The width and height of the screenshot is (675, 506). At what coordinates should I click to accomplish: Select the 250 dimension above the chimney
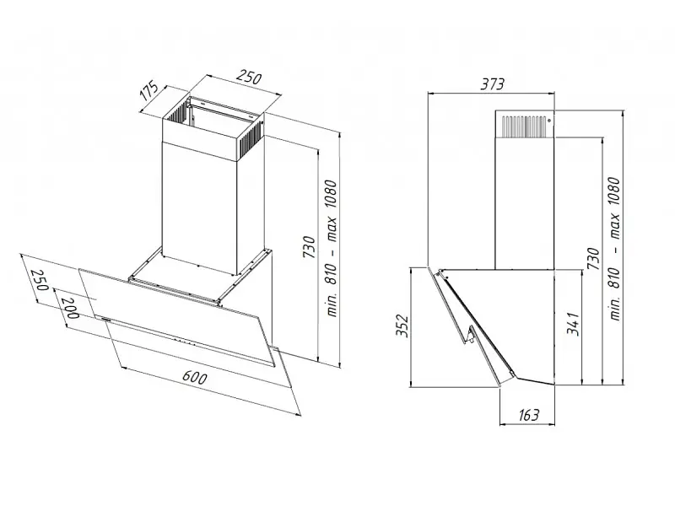pos(250,77)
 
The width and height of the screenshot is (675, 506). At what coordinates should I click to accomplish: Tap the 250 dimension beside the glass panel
pos(39,280)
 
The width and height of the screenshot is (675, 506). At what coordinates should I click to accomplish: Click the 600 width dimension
pos(195,377)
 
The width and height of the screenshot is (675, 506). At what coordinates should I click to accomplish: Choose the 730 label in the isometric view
pos(309,247)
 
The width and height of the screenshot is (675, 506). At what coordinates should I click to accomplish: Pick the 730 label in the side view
pos(593,258)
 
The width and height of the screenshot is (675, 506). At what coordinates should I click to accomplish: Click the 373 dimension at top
pos(492,83)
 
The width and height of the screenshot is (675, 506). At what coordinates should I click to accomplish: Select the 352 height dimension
pos(402,326)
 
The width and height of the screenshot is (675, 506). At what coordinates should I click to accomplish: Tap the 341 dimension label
pos(574,324)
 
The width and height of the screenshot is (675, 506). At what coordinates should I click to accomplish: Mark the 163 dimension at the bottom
pos(529,415)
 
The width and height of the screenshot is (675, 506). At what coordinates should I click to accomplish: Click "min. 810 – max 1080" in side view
pos(615,248)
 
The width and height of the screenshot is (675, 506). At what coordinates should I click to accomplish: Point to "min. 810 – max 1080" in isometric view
pos(332,248)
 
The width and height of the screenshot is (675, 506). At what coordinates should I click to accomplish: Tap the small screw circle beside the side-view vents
pos(549,121)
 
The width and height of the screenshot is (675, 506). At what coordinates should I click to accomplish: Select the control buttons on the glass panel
pos(186,342)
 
